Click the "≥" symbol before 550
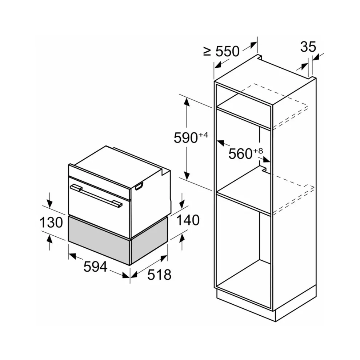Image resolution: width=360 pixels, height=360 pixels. [x=207, y=52]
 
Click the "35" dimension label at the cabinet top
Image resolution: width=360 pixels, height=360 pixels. [x=308, y=47]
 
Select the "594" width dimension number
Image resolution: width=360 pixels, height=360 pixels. [x=95, y=267]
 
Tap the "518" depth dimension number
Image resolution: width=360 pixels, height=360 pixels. [x=159, y=275]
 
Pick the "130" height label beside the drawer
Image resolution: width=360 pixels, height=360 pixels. [x=51, y=223]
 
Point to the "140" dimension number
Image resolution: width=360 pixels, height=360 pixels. [x=188, y=220]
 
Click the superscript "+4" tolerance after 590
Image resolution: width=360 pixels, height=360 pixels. [x=203, y=135]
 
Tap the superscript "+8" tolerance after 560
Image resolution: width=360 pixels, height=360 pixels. [x=258, y=151]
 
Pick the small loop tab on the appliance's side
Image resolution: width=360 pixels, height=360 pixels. [x=139, y=187]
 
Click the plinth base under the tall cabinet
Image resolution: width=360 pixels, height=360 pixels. [x=266, y=304]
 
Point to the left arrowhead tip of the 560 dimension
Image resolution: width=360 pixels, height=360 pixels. [x=217, y=140]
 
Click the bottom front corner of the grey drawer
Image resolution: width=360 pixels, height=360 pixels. [x=130, y=265]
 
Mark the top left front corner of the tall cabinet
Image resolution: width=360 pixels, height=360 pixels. [x=214, y=81]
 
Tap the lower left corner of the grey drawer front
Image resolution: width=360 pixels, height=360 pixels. [x=68, y=241]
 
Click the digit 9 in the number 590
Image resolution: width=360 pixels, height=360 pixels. [x=186, y=138]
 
